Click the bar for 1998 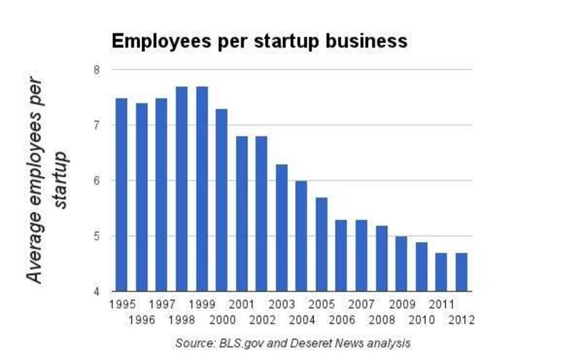point(181,189)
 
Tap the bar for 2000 point(222,200)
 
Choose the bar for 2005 point(321,245)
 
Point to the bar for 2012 point(461,273)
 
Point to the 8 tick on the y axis point(96,70)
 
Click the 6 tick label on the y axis point(96,181)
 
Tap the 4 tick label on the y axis point(96,292)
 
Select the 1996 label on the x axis point(141,319)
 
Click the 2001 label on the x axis point(241,305)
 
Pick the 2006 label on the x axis point(341,319)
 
